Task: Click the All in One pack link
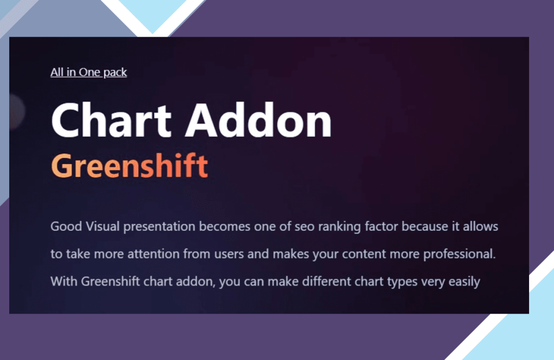[89, 72]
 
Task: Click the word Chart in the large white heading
[111, 121]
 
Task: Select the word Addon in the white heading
[259, 121]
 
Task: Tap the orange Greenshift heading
[130, 166]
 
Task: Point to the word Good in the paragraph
[67, 226]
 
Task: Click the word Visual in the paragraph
[103, 226]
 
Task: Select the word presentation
[160, 227]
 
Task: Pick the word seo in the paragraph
[305, 227]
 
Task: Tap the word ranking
[339, 227]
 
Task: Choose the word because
[425, 226]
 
